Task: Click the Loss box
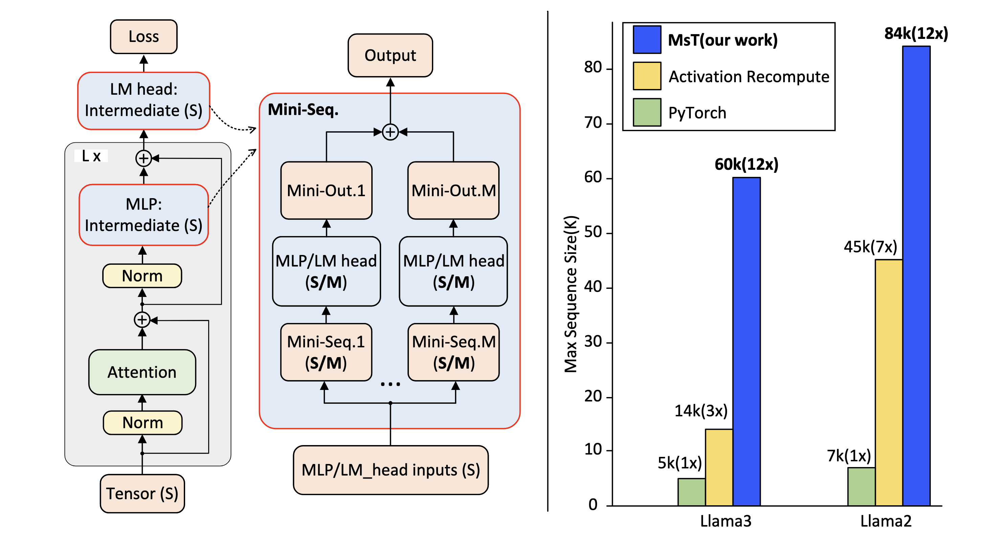[x=144, y=37]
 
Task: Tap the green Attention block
[x=142, y=372]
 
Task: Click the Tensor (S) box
[x=142, y=493]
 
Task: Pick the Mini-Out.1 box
[x=326, y=191]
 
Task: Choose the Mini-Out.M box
[x=454, y=191]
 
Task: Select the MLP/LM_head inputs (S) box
[x=391, y=470]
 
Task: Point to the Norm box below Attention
[x=142, y=422]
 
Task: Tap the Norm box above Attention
[x=142, y=276]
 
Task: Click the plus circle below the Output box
[x=390, y=132]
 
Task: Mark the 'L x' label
[x=91, y=156]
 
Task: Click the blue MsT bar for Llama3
[x=746, y=342]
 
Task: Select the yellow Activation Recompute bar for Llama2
[x=888, y=383]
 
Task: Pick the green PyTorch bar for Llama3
[x=691, y=492]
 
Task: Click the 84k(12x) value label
[x=916, y=34]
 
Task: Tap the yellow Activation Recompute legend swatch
[x=647, y=76]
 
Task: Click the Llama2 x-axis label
[x=886, y=521]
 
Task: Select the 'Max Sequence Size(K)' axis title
[x=571, y=294]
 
